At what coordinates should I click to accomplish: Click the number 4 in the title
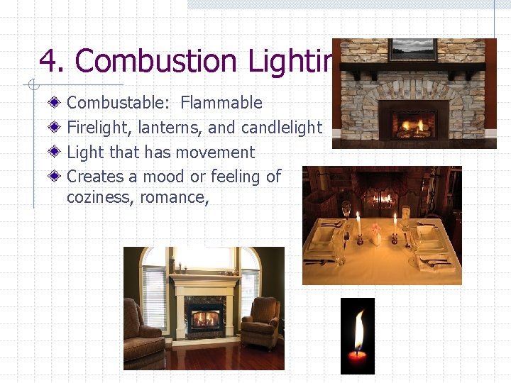pyautogui.click(x=47, y=61)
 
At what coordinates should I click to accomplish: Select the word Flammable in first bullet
pyautogui.click(x=221, y=103)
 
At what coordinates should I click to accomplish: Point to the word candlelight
pyautogui.click(x=282, y=128)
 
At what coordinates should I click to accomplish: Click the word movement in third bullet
pyautogui.click(x=217, y=152)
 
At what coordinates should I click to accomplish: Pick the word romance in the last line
pyautogui.click(x=173, y=196)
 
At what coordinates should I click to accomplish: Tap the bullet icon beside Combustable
pyautogui.click(x=56, y=104)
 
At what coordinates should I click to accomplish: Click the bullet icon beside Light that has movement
pyautogui.click(x=56, y=152)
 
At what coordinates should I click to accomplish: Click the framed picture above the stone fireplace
pyautogui.click(x=412, y=50)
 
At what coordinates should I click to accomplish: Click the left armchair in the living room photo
pyautogui.click(x=143, y=332)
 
